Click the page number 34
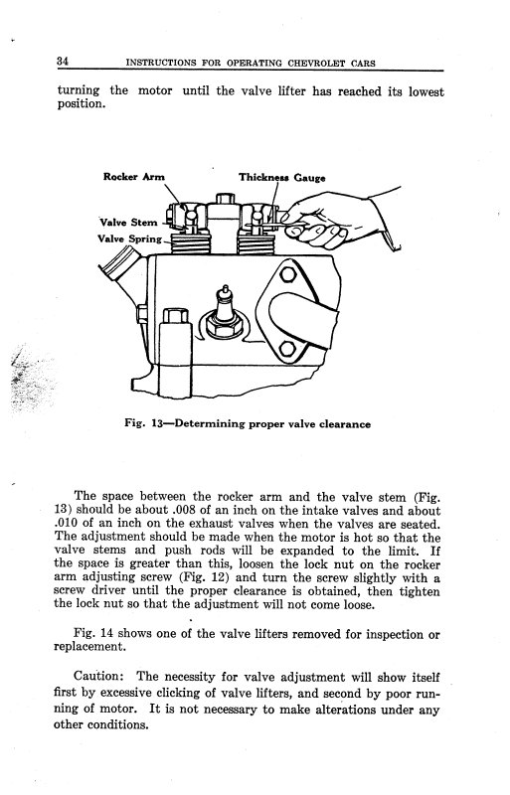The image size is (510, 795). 63,62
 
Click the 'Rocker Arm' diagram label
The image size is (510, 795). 134,177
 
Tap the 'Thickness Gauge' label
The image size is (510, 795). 282,178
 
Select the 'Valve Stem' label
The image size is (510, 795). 128,222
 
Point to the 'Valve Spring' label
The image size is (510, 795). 130,238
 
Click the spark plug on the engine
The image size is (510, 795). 224,312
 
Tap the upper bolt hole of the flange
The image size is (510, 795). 287,274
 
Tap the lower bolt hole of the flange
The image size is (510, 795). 287,349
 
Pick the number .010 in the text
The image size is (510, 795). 66,523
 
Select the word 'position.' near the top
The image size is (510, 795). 82,104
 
